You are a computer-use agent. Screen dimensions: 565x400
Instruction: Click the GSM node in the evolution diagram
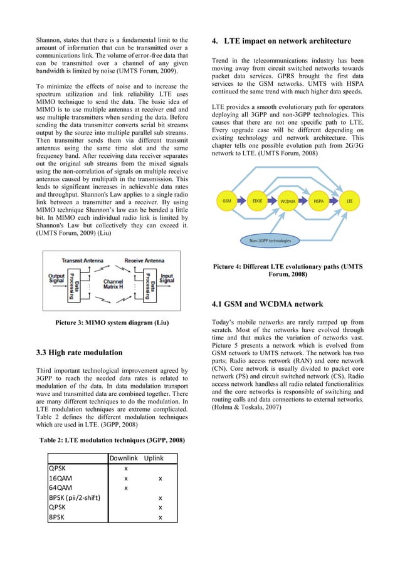tap(226, 201)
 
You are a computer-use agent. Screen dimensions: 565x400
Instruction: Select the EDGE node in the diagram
tap(257, 201)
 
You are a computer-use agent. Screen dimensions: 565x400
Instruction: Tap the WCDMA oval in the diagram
tap(288, 202)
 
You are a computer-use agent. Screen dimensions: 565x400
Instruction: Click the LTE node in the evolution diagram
tap(350, 201)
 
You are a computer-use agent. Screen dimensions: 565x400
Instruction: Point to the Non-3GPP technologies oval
tap(270, 239)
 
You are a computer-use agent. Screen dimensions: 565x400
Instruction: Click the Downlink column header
tap(125, 458)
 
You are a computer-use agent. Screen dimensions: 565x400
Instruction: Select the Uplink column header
tap(154, 458)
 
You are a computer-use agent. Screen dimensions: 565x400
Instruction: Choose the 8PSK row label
tap(57, 517)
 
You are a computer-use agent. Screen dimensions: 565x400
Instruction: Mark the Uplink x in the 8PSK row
tap(161, 517)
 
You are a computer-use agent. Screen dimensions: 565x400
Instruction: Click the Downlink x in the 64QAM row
tap(126, 487)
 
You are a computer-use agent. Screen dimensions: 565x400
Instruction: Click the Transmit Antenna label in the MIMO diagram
tap(83, 260)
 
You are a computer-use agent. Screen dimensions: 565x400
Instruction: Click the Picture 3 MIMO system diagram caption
tap(104, 323)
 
